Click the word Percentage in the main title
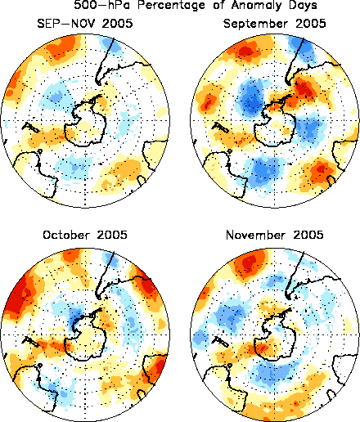[x=171, y=5]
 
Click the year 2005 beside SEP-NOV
[x=118, y=24]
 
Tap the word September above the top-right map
[x=255, y=24]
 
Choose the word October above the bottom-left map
[x=66, y=235]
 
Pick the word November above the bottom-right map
[x=252, y=235]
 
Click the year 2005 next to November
[x=308, y=235]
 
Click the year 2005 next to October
[x=112, y=235]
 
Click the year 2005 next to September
[x=311, y=24]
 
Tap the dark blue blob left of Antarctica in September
[x=252, y=99]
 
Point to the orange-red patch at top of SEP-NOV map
[x=61, y=47]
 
